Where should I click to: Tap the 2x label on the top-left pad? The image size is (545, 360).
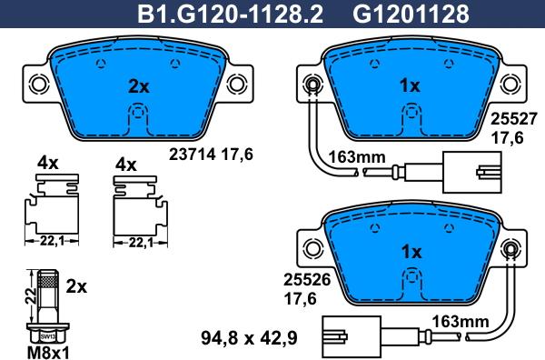pos(138,88)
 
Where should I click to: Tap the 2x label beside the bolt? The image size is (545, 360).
pos(77,286)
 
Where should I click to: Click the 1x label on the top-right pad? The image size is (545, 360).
pos(410,86)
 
